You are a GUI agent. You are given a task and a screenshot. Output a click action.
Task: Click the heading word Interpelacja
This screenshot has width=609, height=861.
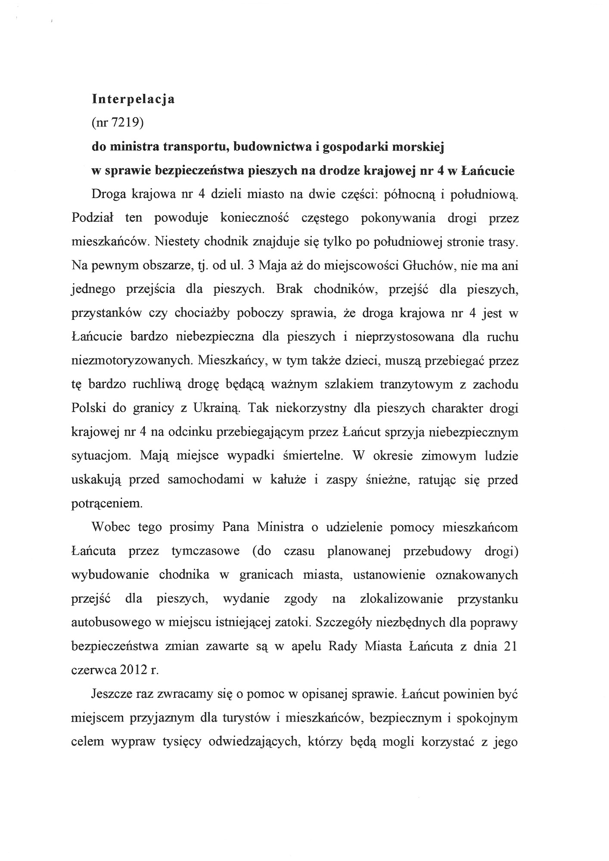click(133, 99)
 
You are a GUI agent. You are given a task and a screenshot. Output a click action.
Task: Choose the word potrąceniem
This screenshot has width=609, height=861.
click(106, 503)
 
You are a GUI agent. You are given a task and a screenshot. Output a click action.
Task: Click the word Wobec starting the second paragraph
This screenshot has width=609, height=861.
click(111, 527)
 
